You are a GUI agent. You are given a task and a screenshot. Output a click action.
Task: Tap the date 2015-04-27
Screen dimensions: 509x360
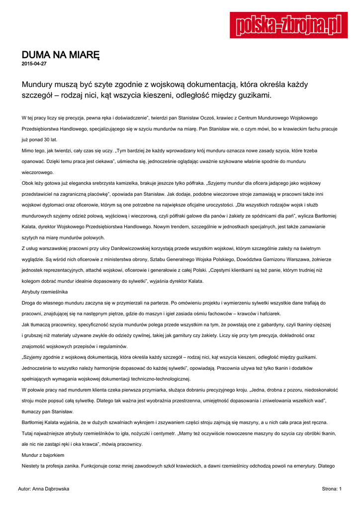34,64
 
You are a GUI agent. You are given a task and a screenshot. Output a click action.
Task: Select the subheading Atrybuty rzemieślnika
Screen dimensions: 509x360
45,292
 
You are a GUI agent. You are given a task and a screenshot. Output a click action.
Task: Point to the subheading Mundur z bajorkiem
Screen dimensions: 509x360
43,455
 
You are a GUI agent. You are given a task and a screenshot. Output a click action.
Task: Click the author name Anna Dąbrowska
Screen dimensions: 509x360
51,489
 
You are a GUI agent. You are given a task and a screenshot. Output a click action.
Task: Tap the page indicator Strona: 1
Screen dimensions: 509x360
332,489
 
